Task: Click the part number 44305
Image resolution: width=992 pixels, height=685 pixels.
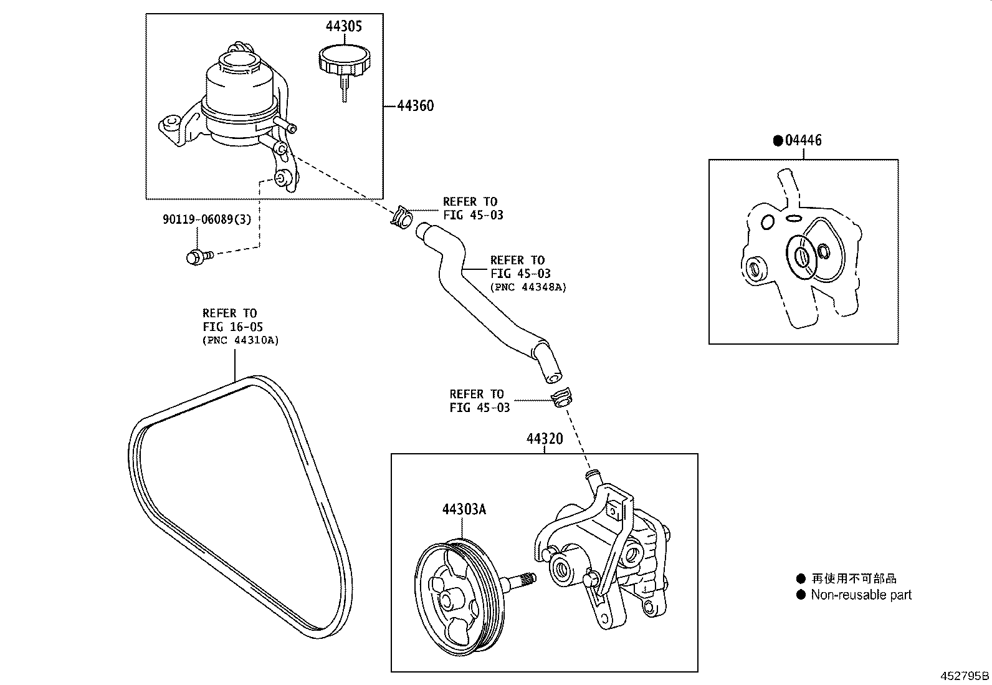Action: [x=343, y=26]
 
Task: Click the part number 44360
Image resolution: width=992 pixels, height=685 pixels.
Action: [x=416, y=106]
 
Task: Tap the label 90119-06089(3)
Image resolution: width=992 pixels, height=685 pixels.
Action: [x=207, y=219]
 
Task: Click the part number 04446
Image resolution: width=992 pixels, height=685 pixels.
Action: [x=803, y=141]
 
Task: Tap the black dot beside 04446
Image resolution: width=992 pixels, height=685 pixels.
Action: [x=778, y=141]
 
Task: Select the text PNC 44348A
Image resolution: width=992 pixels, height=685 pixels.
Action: [x=529, y=287]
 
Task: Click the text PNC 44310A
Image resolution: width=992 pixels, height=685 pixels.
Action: [x=241, y=340]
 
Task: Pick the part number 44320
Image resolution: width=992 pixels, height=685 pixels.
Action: [x=544, y=439]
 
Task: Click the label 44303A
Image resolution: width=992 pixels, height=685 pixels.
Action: [x=464, y=509]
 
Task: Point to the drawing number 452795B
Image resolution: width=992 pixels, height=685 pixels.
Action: [x=965, y=676]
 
